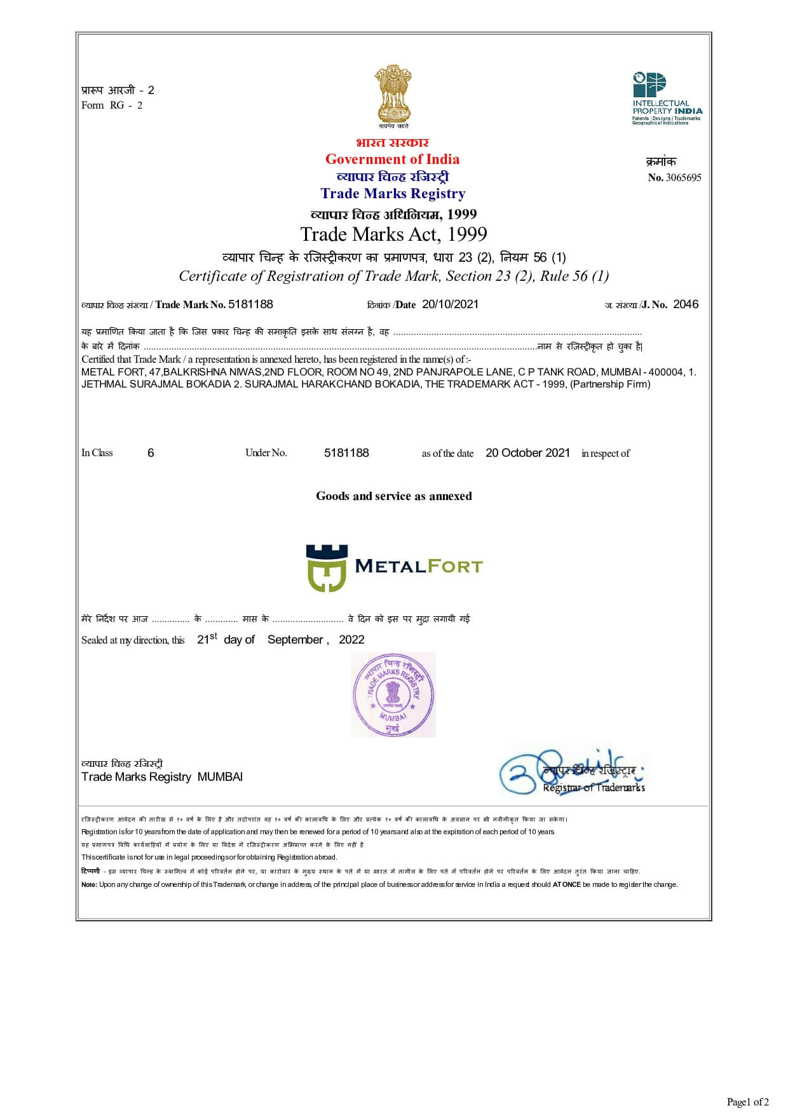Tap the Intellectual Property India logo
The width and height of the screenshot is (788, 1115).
pos(666,98)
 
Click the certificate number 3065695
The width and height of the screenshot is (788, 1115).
pos(683,178)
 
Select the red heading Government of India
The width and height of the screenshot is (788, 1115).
pos(392,159)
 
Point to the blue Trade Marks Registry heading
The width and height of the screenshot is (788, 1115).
pos(393,194)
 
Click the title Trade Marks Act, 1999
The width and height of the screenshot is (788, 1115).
pos(393,234)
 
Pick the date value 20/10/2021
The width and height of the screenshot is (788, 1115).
pos(450,304)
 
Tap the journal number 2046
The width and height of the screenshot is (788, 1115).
pos(685,304)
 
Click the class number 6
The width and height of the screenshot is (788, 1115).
pos(151,453)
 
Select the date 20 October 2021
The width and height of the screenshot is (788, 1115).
pos(527,453)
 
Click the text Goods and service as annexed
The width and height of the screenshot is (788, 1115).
pos(393,496)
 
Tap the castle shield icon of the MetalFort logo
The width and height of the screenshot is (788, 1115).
pos(327,567)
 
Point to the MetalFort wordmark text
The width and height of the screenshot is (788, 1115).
pos(418,566)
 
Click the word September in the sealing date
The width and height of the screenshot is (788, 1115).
pos(295,640)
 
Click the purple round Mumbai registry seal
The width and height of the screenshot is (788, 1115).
pos(393,694)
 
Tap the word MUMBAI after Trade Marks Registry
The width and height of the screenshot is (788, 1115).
pos(220,777)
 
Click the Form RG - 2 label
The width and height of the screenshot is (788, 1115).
pos(112,105)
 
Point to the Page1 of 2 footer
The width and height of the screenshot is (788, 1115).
pos(747,1102)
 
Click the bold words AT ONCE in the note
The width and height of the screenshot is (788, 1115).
pos(566,884)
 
